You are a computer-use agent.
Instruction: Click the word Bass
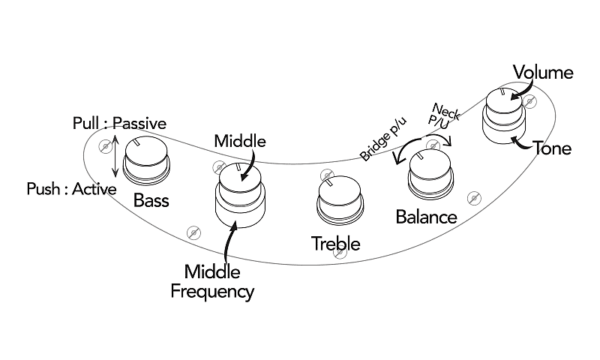151,200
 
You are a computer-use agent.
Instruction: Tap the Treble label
336,244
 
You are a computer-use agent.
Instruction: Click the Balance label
426,217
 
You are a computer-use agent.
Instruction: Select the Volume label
542,73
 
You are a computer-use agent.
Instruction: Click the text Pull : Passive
119,122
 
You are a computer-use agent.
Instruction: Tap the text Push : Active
71,188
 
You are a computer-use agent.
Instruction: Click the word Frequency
212,291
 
